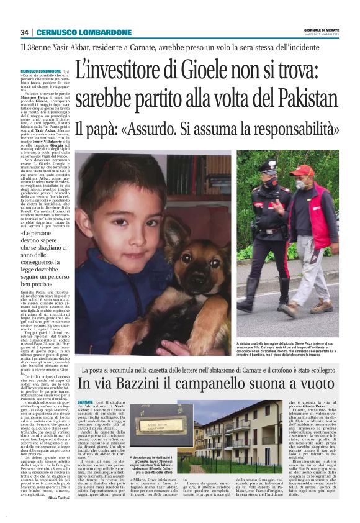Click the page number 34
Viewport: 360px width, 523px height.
click(25, 32)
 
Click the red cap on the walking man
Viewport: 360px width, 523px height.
click(304, 169)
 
